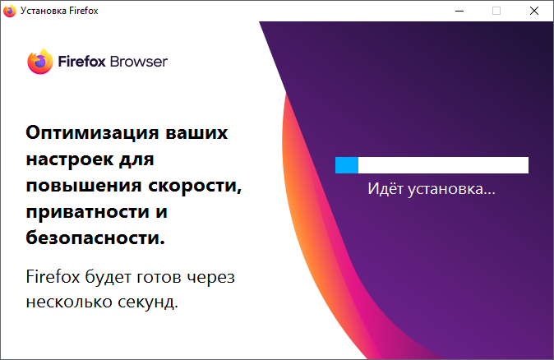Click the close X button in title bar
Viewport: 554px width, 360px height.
(x=534, y=11)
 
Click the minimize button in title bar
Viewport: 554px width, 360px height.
(x=459, y=11)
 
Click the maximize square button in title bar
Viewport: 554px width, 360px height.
(x=496, y=11)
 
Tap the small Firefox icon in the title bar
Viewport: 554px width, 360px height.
(x=10, y=11)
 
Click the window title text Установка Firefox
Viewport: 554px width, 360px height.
(x=59, y=11)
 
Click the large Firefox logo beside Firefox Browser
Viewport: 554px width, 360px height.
(x=40, y=62)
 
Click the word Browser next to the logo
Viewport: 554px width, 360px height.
(x=138, y=62)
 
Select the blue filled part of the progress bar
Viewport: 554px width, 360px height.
(x=347, y=165)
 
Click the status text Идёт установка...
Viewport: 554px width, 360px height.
(x=432, y=188)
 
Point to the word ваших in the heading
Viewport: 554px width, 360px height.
(x=196, y=133)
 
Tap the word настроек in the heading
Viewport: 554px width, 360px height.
(x=69, y=159)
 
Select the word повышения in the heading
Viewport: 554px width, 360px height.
(x=83, y=186)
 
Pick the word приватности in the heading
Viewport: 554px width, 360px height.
(x=87, y=212)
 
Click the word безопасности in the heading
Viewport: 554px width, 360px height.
(x=95, y=238)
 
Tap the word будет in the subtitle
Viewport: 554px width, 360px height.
(x=108, y=276)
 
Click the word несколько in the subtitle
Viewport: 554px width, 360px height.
(x=69, y=302)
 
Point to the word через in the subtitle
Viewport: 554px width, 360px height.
(x=211, y=277)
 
